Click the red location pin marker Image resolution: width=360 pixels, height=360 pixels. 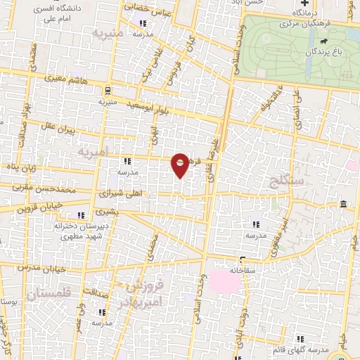click(x=181, y=165)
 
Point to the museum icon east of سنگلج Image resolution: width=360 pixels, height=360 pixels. click(x=342, y=204)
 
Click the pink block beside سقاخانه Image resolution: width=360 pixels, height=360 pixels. click(x=225, y=284)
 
